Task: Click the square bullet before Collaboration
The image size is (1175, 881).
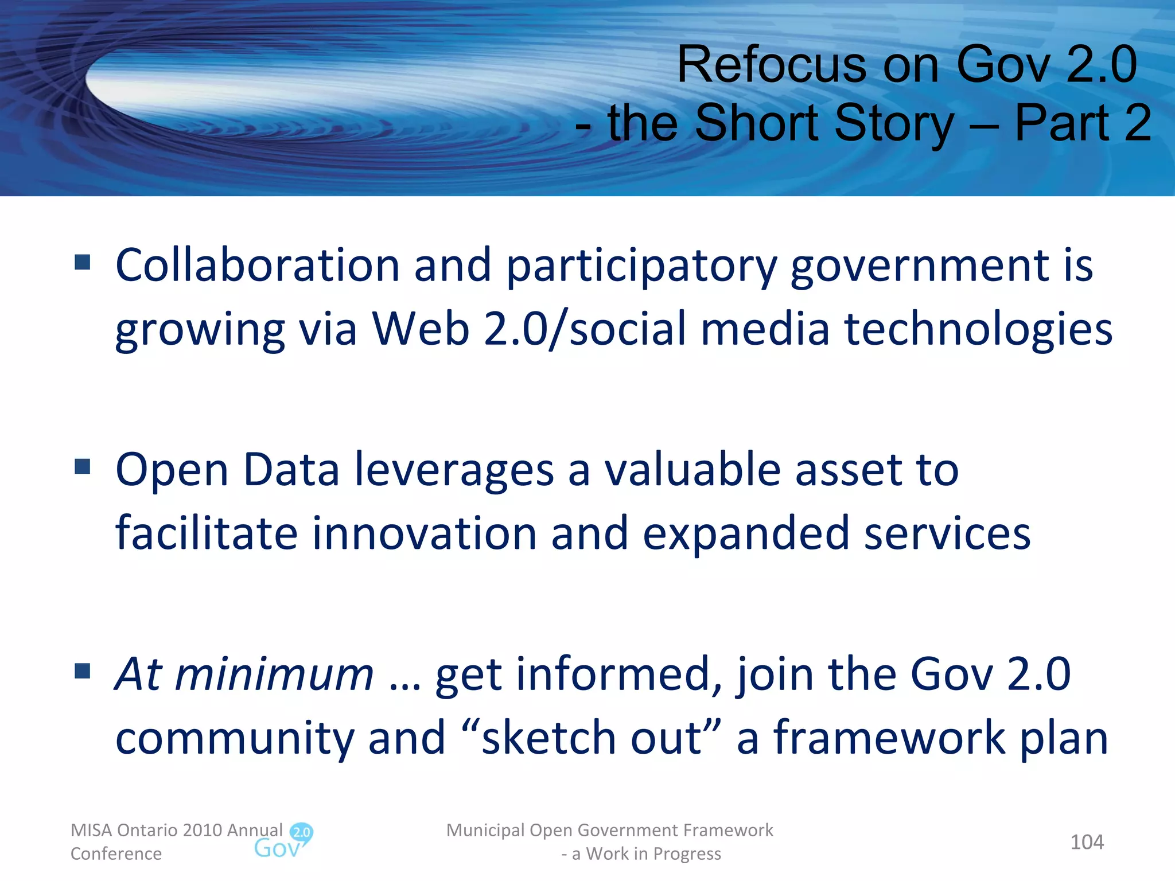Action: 83,263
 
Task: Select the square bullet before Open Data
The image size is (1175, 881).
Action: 83,466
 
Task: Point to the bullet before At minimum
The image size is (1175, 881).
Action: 83,671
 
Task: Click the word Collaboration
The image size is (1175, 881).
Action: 257,265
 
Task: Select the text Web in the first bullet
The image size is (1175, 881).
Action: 421,329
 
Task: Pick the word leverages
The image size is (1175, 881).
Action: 454,470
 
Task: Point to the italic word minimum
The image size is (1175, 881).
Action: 274,675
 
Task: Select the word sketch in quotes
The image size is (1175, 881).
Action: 548,738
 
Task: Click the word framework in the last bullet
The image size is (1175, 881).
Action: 889,738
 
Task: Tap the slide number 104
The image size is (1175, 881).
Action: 1087,842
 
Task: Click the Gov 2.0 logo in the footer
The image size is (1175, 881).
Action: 283,841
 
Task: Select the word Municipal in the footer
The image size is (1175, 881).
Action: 485,830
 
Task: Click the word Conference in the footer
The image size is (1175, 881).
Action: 116,853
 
